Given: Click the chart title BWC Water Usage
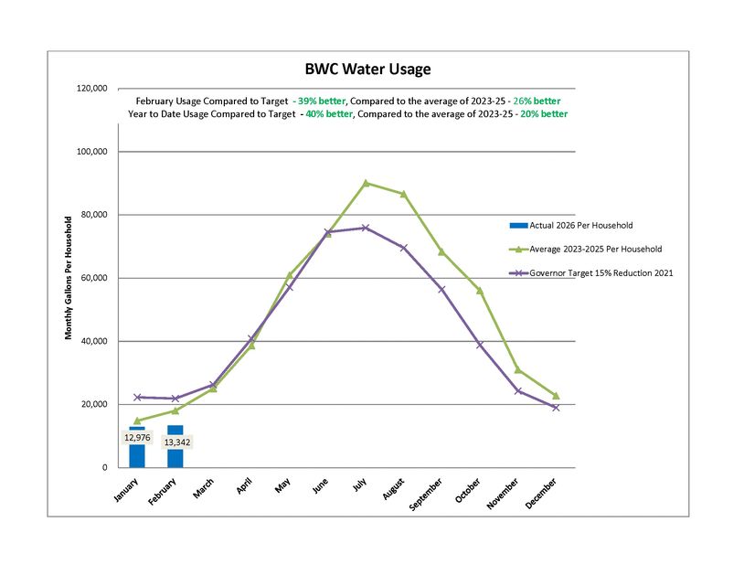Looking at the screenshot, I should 367,69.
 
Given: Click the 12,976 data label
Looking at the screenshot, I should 137,437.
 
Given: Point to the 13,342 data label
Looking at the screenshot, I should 175,442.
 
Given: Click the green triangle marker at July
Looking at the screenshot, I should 366,183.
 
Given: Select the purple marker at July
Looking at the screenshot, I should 366,228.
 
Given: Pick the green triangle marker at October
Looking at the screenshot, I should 479,290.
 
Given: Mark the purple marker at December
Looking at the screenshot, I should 556,407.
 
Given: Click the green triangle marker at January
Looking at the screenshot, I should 137,421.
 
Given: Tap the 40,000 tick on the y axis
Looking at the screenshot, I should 93,341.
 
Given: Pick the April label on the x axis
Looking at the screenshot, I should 245,487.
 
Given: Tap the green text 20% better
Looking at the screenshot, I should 544,114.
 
